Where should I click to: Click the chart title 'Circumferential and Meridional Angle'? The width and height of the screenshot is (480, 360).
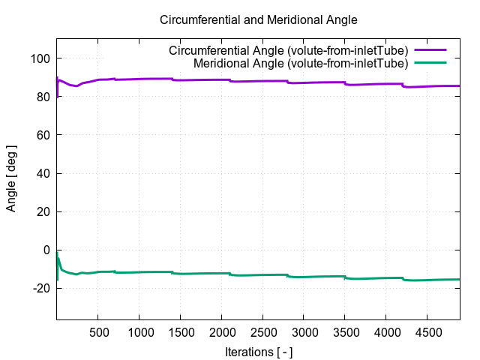click(247, 19)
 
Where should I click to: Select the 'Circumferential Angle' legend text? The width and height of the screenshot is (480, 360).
click(288, 51)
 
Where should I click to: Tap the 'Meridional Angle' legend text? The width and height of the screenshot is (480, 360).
click(300, 64)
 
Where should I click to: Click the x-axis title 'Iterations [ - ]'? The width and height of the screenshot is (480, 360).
click(259, 351)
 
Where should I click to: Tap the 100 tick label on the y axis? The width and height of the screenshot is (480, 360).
click(40, 58)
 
